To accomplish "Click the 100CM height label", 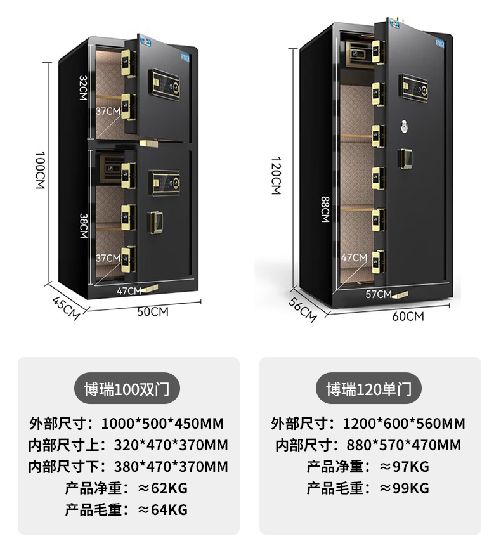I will (x=39, y=169).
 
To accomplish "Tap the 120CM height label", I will (x=276, y=175).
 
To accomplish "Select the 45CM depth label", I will (x=65, y=308).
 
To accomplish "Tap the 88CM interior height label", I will (x=325, y=209).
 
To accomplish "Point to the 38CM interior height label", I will (x=83, y=224).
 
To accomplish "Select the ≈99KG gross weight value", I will (x=404, y=488).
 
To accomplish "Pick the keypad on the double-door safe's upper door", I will (x=166, y=81).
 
